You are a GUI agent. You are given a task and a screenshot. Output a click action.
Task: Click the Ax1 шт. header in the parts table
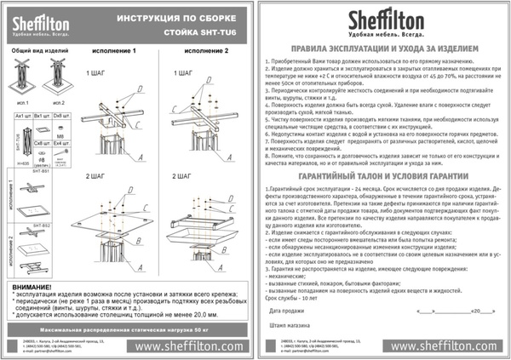[24, 112]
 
